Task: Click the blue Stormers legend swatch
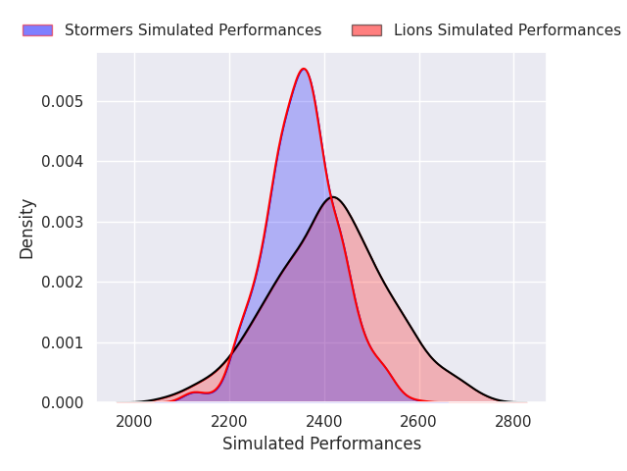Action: [x=37, y=30]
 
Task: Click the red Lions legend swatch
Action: [x=366, y=30]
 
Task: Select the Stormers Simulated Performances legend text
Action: [x=193, y=30]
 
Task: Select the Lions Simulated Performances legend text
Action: [x=507, y=30]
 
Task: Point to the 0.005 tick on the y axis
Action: [x=63, y=102]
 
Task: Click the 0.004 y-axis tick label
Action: [x=63, y=162]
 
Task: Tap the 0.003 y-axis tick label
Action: [x=63, y=223]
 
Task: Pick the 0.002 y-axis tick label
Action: [x=63, y=283]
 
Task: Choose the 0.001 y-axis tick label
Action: [x=63, y=342]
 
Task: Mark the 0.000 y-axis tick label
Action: [x=63, y=403]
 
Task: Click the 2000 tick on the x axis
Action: [x=134, y=422]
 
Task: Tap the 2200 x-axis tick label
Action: [x=229, y=422]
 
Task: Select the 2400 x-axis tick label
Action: [x=324, y=422]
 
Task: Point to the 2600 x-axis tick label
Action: [x=419, y=422]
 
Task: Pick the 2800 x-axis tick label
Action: [x=513, y=422]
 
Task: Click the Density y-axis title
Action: [x=26, y=229]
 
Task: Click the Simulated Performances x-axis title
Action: [x=322, y=444]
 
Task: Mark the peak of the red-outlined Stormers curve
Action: [x=304, y=69]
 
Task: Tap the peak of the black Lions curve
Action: [x=333, y=197]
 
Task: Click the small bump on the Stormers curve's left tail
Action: [x=196, y=392]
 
